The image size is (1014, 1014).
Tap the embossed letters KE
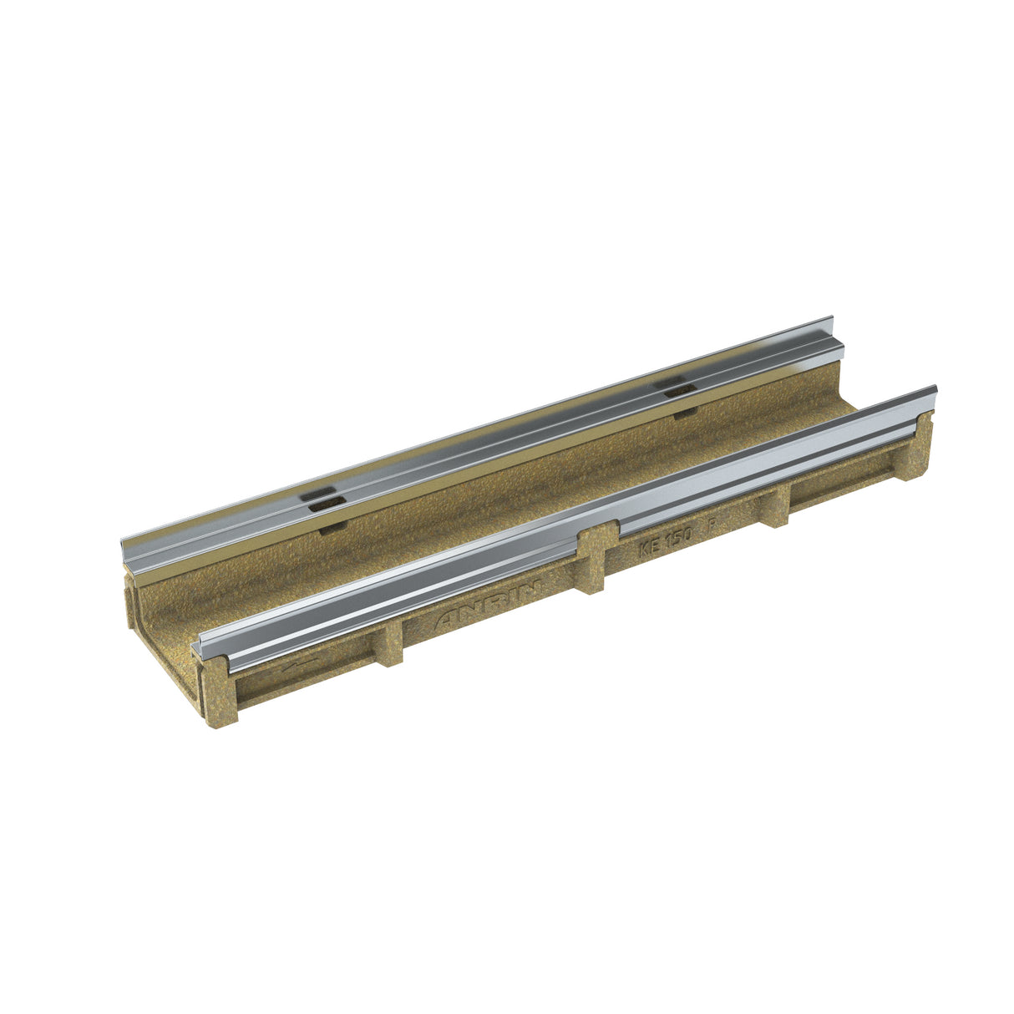(x=651, y=548)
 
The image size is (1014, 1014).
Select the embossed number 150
(x=677, y=539)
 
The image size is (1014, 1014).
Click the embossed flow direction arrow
(x=299, y=667)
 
